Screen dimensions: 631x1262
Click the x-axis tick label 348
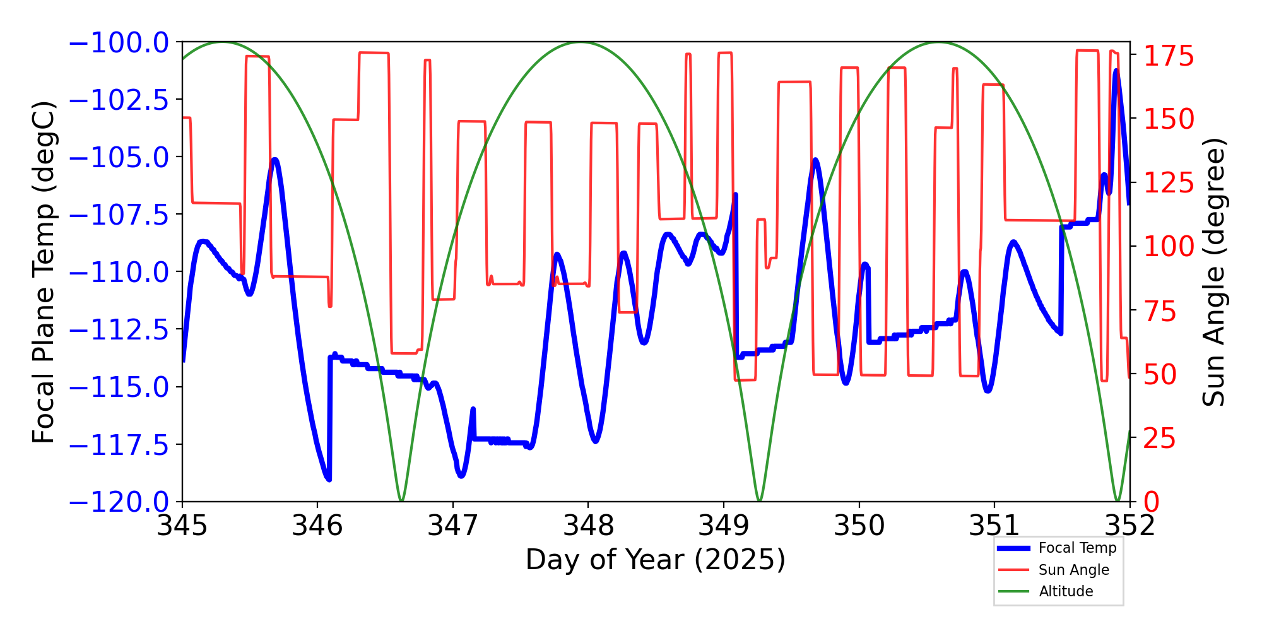tap(588, 526)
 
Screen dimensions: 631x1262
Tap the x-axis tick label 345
tap(182, 526)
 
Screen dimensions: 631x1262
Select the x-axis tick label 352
tap(1129, 526)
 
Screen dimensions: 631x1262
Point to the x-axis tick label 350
tap(859, 526)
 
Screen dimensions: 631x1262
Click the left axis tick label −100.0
tap(119, 43)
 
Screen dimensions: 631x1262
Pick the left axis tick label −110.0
tap(119, 273)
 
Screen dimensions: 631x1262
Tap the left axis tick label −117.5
tap(119, 445)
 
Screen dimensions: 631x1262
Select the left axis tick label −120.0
tap(119, 502)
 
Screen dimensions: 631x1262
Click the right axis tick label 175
tap(1169, 57)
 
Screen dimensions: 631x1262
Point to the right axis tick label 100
tap(1169, 247)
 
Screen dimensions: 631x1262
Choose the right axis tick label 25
tap(1160, 439)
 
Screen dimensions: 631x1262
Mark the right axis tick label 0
tap(1152, 502)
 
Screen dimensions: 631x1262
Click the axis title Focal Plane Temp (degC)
tap(44, 273)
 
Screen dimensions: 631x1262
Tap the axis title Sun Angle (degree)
tap(1213, 273)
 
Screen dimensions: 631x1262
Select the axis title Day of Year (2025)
tap(656, 560)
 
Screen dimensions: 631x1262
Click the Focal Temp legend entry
tap(1077, 548)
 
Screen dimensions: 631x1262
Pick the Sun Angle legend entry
tap(1073, 570)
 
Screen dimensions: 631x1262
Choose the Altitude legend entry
tap(1066, 591)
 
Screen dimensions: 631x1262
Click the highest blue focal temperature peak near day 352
tap(1116, 71)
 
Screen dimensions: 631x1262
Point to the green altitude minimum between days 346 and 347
tap(401, 500)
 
